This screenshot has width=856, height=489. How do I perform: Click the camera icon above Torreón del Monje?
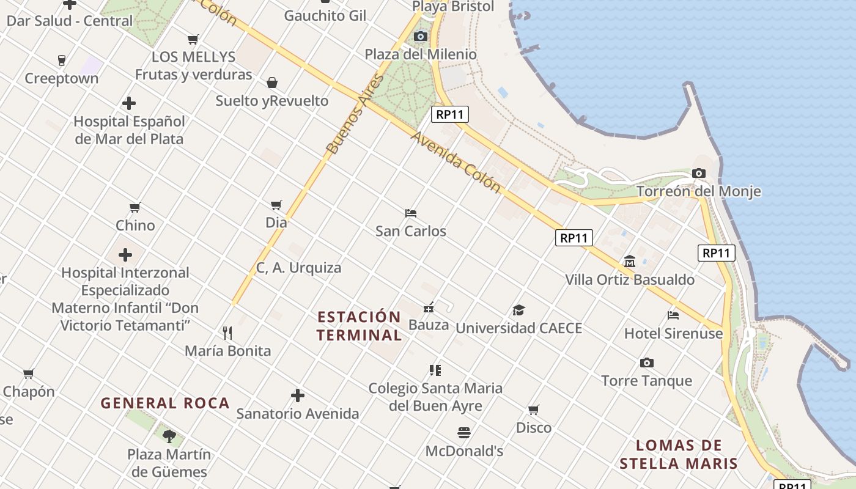tap(699, 174)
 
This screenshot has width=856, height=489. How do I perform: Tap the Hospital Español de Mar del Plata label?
tap(129, 130)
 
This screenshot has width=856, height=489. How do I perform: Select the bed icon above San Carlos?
tap(411, 213)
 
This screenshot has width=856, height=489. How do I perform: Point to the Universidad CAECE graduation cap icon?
tap(518, 310)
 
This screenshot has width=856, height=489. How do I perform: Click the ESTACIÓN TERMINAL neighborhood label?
tap(360, 326)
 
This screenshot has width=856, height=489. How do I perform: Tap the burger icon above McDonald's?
tap(464, 433)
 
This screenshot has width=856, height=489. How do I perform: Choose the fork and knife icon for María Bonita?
tap(227, 333)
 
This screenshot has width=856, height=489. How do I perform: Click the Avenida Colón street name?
tap(456, 162)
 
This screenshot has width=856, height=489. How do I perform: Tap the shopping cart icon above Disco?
tap(534, 410)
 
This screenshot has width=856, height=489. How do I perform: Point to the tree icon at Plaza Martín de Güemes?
tap(169, 436)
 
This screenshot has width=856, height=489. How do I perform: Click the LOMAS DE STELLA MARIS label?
tap(679, 454)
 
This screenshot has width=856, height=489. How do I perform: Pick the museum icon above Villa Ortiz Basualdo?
tap(630, 262)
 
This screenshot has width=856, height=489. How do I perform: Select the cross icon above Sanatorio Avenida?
tap(298, 395)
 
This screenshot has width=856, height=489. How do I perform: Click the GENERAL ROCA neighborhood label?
tap(165, 403)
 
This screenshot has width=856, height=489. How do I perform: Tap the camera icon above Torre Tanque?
tap(647, 363)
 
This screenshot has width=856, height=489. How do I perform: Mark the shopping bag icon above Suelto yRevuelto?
tap(272, 83)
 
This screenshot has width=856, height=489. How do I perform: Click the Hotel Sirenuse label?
tap(673, 334)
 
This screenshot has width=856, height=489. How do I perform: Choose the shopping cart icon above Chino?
tap(135, 208)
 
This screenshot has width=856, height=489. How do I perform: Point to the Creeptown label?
tap(61, 79)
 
